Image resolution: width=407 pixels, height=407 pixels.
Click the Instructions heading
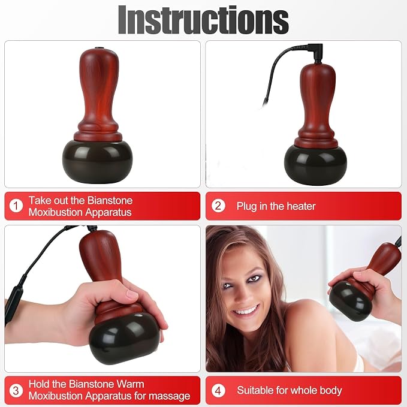[203, 20]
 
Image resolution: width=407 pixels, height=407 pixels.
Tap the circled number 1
[16, 206]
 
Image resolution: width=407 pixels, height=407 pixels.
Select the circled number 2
[218, 206]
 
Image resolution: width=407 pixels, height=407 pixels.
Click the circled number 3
[16, 391]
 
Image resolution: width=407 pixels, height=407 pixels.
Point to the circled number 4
[218, 391]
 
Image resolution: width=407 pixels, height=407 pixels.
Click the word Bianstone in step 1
[110, 200]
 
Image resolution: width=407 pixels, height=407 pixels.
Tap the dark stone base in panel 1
[97, 161]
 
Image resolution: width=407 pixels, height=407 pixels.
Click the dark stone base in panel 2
[315, 165]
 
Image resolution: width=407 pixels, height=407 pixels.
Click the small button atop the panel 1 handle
[98, 48]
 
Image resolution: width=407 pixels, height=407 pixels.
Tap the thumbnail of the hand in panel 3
[132, 294]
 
